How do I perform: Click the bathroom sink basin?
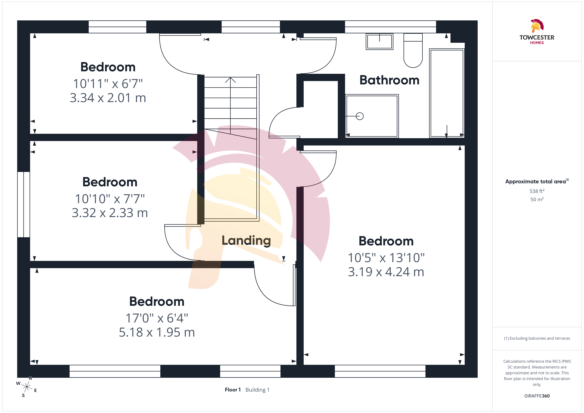[x=380, y=42]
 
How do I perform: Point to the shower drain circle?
[x=360, y=116]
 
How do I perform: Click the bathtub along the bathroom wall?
[x=447, y=93]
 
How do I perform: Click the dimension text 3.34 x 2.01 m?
[x=108, y=98]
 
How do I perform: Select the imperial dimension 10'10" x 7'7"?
[x=110, y=199]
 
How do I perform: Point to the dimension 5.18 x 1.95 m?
[x=157, y=332]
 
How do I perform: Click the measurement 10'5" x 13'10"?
[x=386, y=258]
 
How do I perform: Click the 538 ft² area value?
[x=537, y=191]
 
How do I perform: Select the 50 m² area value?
[x=537, y=199]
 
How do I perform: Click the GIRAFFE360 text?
[x=537, y=396]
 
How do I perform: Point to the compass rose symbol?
[x=26, y=387]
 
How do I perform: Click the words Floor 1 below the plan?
[x=232, y=390]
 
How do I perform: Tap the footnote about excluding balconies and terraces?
[x=537, y=338]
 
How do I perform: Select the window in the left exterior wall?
[x=24, y=205]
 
